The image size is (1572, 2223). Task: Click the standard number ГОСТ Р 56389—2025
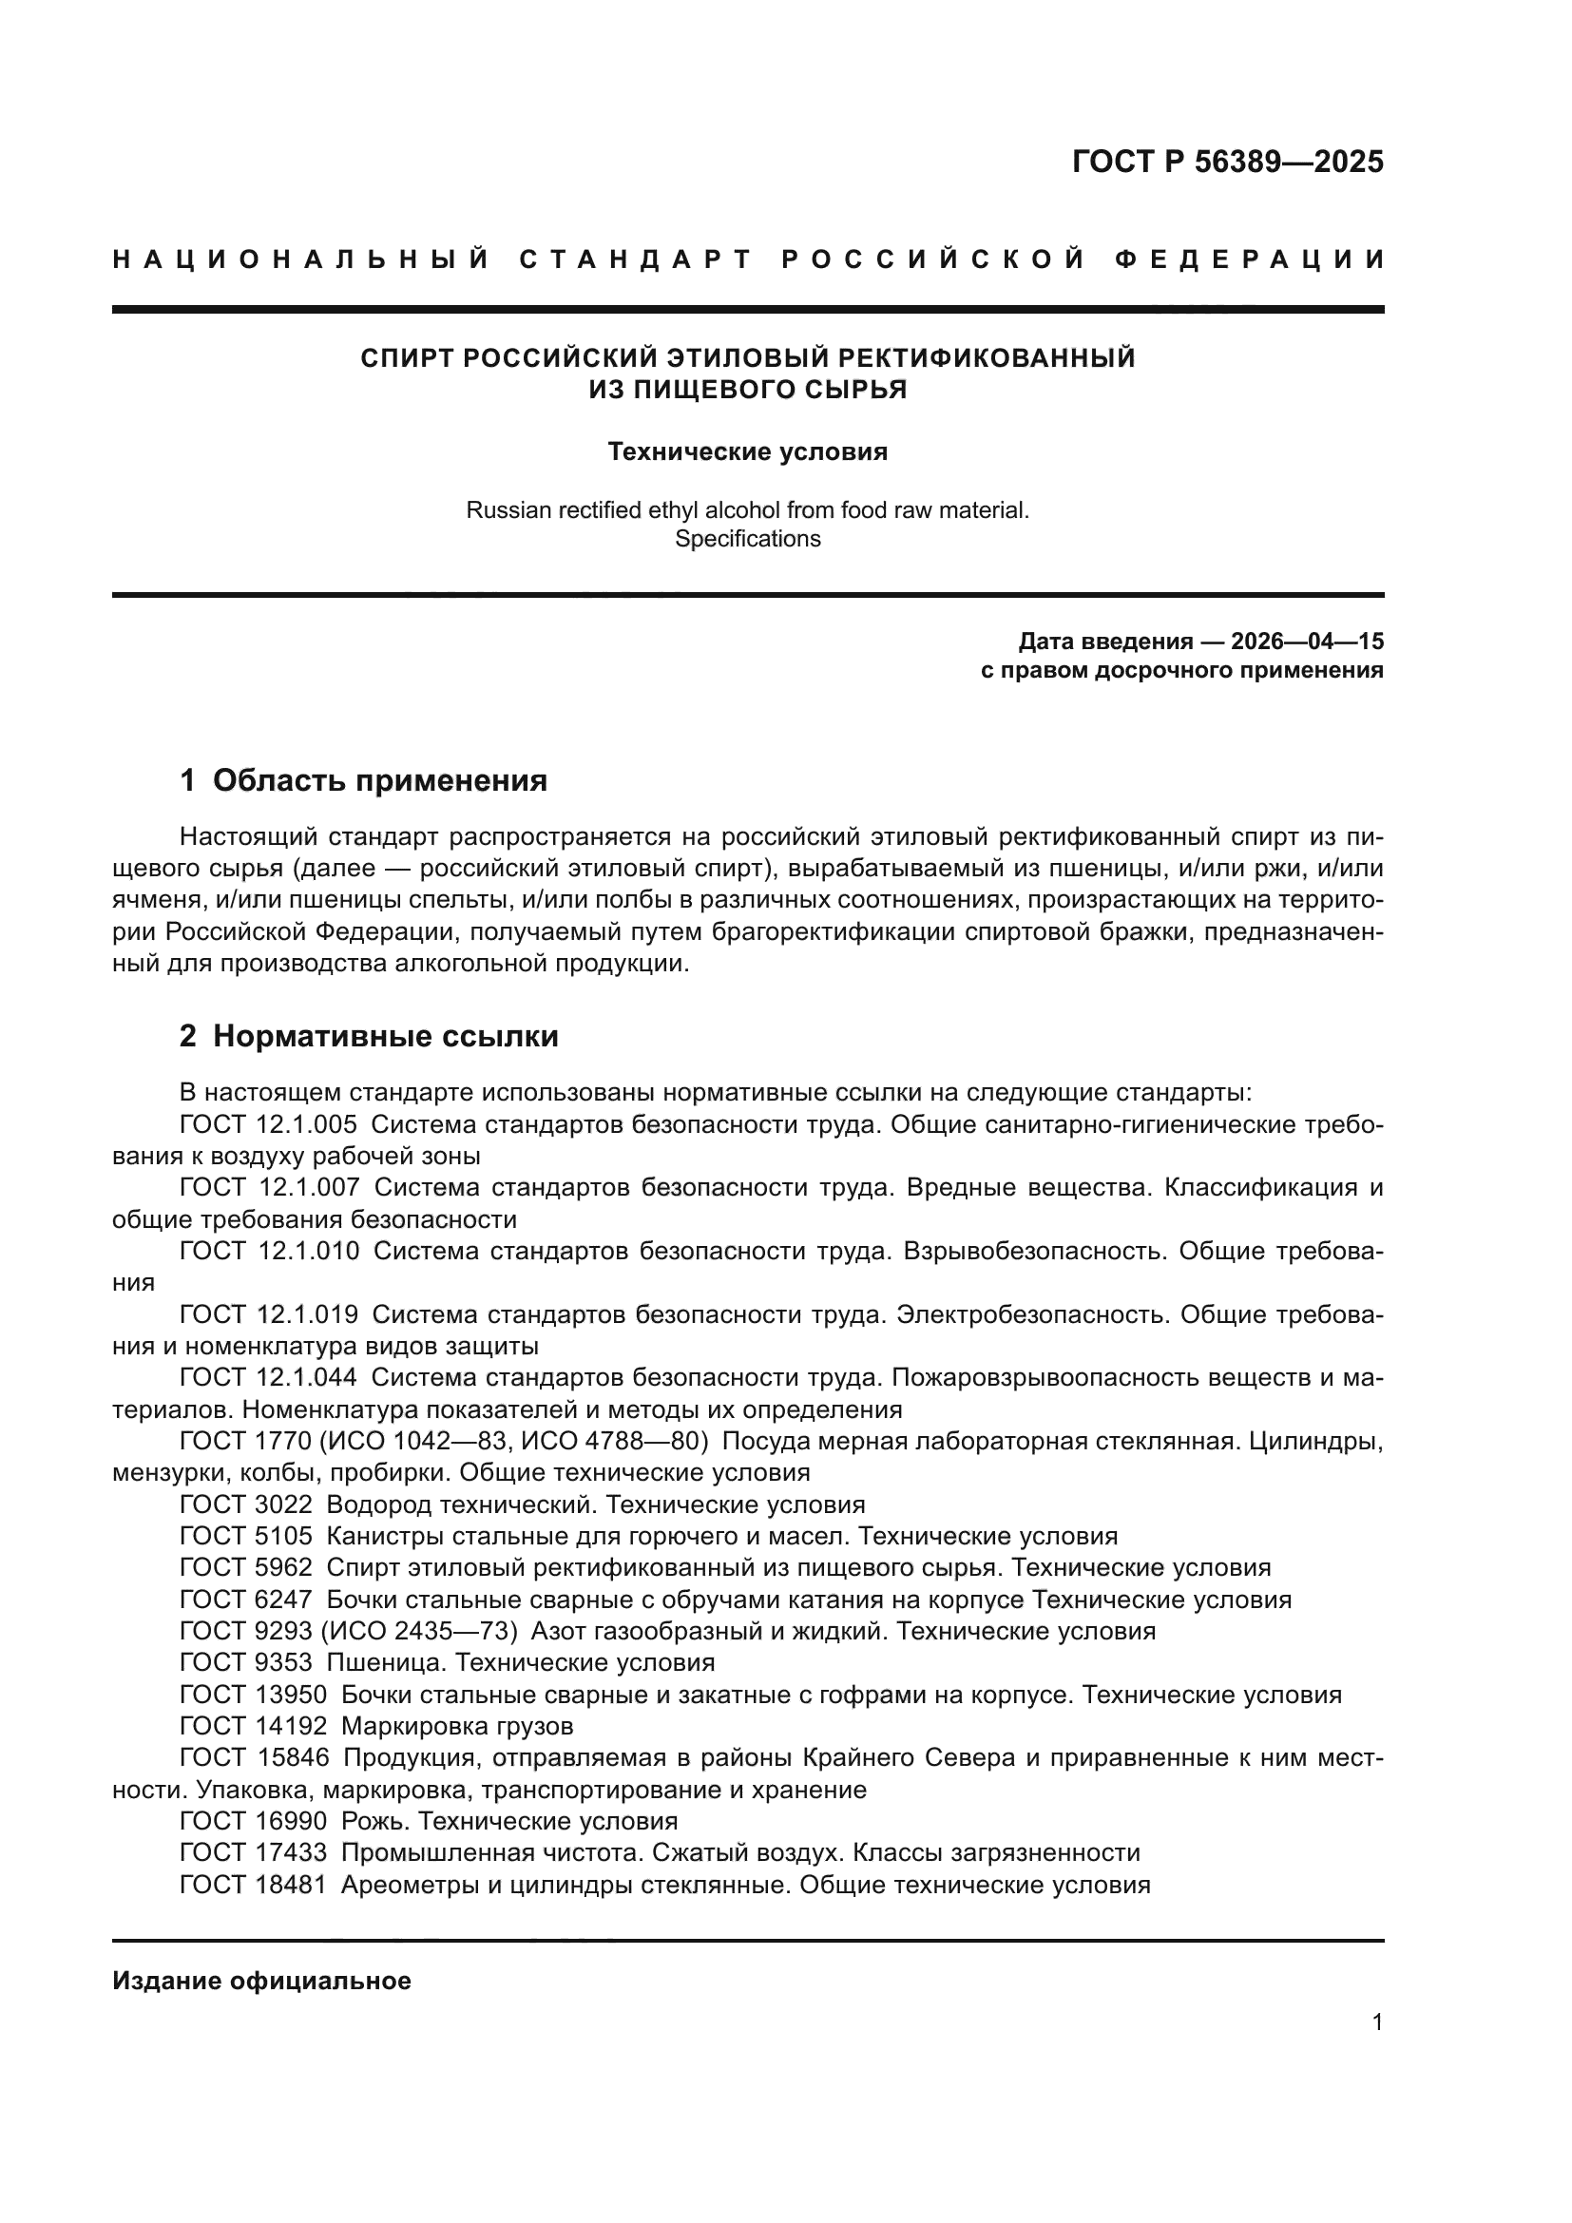[1227, 162]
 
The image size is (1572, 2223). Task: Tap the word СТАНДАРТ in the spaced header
[636, 259]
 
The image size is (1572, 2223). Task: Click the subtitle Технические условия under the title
[747, 452]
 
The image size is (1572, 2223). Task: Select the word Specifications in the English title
[747, 539]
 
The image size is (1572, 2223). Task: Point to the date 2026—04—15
[1307, 642]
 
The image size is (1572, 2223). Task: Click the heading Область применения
[379, 780]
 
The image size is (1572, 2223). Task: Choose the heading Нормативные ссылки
[385, 1037]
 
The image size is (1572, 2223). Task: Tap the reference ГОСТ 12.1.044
[268, 1378]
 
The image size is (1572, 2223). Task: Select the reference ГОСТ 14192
[254, 1726]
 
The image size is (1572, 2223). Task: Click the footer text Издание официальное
[261, 1981]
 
